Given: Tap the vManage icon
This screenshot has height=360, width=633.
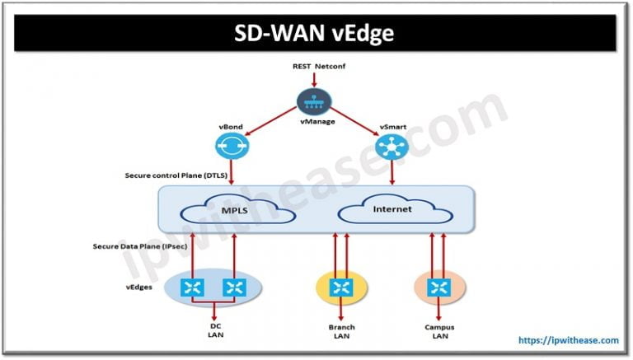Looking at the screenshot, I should coord(314,102).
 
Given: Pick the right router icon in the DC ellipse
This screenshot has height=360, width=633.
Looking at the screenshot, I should coord(235,288).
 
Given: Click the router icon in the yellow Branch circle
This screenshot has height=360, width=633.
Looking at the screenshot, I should coord(341,288).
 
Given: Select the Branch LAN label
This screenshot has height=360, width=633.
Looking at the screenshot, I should coord(341,331).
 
